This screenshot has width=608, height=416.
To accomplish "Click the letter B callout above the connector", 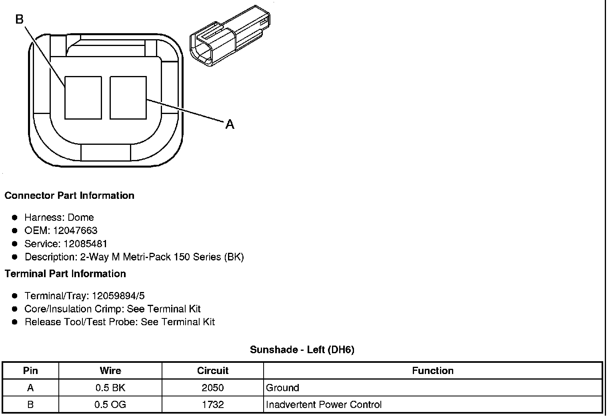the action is [x=20, y=19].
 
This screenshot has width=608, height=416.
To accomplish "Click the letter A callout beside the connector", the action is [x=230, y=124].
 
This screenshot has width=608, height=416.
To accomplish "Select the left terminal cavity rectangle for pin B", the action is [x=83, y=98].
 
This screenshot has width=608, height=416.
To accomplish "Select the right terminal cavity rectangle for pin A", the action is [x=128, y=98].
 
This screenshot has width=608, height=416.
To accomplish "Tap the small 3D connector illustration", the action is [x=230, y=36].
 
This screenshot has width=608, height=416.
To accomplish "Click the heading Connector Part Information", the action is [x=70, y=195].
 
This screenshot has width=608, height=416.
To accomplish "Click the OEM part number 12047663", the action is [x=75, y=230].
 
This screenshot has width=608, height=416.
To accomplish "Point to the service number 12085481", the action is [x=85, y=244].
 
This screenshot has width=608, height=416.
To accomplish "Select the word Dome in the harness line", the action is [x=81, y=217].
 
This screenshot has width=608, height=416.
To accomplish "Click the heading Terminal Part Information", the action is [x=66, y=274].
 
